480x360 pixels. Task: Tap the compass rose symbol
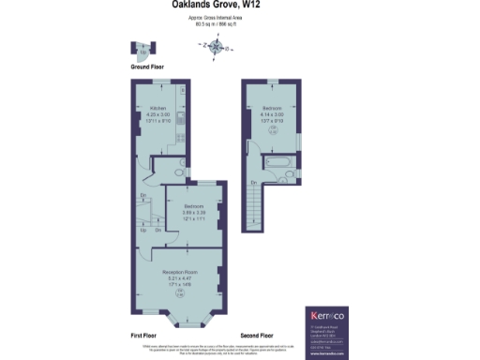[x=217, y=46]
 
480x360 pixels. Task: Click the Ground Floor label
[x=146, y=67]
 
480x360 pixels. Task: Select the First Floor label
[x=146, y=335]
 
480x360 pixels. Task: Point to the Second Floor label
[x=256, y=335]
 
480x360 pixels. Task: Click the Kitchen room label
[x=157, y=108]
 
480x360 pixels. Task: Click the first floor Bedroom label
[x=194, y=206]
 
